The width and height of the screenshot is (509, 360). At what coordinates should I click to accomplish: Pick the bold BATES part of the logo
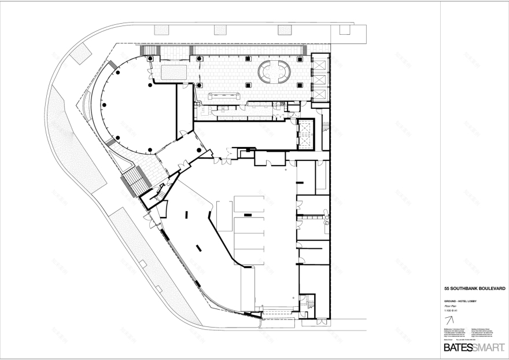click(458, 348)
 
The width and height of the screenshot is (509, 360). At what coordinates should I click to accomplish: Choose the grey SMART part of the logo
click(489, 348)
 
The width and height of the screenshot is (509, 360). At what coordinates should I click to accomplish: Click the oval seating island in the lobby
click(274, 71)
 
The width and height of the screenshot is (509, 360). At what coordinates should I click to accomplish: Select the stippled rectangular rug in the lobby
click(174, 72)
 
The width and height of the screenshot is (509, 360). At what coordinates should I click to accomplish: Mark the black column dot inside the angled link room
click(198, 150)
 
